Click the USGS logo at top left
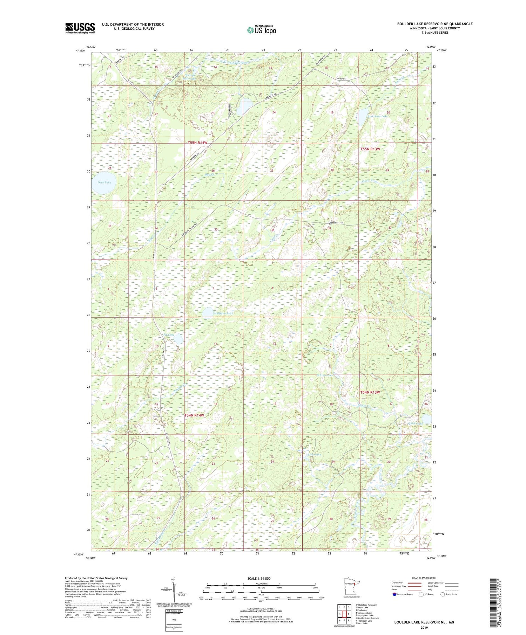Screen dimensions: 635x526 tap(80, 28)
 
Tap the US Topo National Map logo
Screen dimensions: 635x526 tap(261, 30)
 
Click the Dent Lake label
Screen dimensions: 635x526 tap(104, 182)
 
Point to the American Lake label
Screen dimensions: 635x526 tap(377, 116)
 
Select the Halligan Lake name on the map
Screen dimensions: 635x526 tap(223, 313)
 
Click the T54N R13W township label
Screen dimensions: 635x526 tap(370, 392)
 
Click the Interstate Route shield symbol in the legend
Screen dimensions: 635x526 tap(395, 594)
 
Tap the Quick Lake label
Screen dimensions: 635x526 tap(416, 423)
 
